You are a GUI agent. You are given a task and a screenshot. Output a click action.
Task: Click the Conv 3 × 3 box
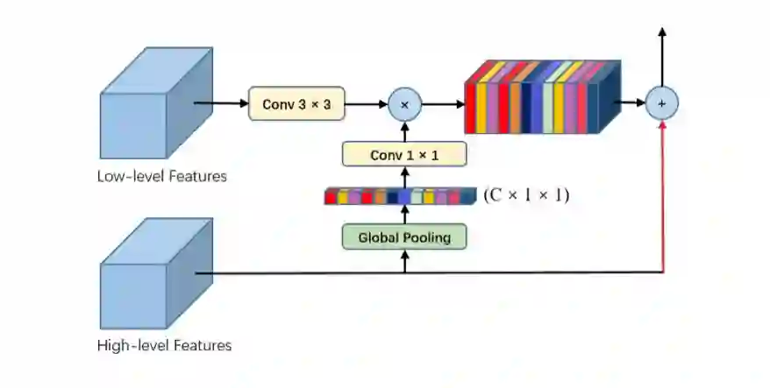[x=296, y=104]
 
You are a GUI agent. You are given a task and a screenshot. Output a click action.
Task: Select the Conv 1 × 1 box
[x=403, y=155]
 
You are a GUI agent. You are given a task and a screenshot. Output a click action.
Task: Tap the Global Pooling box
[x=403, y=236]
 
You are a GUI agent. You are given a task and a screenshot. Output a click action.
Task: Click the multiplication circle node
[x=404, y=104]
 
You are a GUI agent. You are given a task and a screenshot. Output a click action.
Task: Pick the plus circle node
[x=662, y=103]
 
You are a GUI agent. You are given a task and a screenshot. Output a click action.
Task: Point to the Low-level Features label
[x=162, y=176]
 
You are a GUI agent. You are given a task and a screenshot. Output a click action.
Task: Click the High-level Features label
[x=164, y=345]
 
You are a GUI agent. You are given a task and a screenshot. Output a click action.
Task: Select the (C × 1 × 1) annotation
[x=526, y=195]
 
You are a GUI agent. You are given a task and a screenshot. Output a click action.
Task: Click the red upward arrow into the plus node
[x=662, y=193]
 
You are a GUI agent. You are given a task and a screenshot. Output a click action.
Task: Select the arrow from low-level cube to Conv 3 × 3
[x=221, y=103]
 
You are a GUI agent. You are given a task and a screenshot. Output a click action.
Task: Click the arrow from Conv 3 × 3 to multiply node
[x=366, y=104]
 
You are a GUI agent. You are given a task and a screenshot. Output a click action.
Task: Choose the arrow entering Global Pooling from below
[x=404, y=260]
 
